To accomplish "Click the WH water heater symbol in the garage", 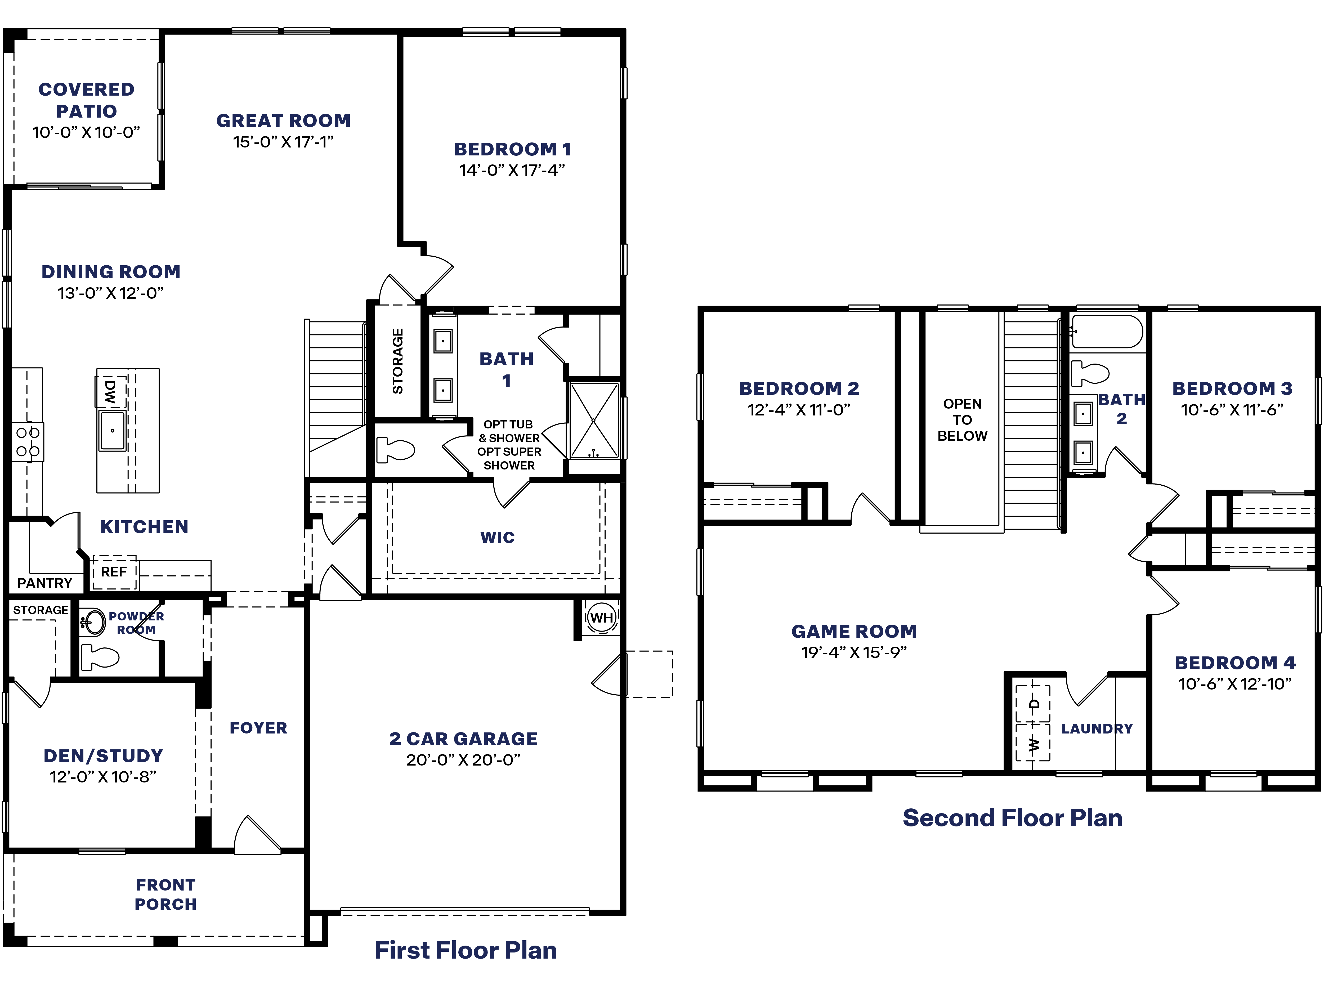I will [x=602, y=617].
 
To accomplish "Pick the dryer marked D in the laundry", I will [x=1033, y=704].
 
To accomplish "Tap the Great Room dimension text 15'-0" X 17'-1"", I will [x=283, y=142].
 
